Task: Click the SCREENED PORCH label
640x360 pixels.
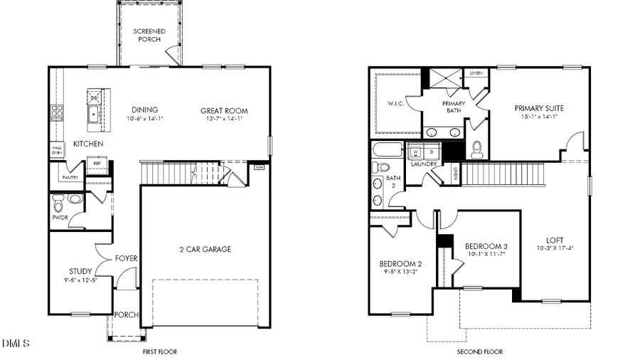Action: [x=150, y=36]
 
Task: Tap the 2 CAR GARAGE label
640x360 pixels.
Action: [x=205, y=249]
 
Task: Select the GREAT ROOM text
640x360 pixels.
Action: [x=224, y=110]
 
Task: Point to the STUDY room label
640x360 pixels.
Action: [x=80, y=271]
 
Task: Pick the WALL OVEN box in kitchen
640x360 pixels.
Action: [x=56, y=149]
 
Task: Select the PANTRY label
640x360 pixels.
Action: [x=70, y=176]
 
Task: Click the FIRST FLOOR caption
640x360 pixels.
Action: [x=159, y=351]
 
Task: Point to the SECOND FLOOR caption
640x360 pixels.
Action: [x=479, y=351]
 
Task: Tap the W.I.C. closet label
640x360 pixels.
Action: [x=395, y=104]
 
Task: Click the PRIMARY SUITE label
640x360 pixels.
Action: [x=539, y=108]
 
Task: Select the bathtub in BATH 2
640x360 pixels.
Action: [x=388, y=151]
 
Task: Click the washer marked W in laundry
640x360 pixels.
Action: [x=415, y=152]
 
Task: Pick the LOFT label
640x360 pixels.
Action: [x=555, y=240]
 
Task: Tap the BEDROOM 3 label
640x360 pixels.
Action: [x=486, y=246]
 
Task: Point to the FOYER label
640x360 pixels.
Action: [x=127, y=258]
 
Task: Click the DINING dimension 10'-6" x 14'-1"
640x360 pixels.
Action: [x=144, y=119]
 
